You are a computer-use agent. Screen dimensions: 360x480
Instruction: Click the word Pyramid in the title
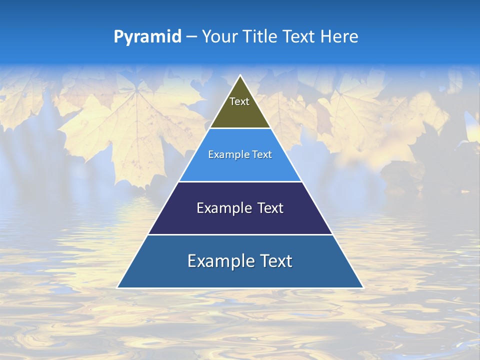tap(147, 37)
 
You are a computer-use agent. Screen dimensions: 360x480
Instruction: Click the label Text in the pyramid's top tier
tap(239, 101)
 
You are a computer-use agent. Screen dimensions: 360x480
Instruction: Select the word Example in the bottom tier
tap(220, 261)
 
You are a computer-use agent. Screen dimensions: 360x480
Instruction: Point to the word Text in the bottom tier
tap(275, 261)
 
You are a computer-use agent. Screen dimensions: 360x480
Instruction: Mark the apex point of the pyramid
tap(240, 75)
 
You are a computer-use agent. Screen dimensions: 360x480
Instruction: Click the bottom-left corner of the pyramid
tap(117, 287)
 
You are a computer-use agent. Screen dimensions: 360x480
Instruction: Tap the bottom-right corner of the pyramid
tap(363, 287)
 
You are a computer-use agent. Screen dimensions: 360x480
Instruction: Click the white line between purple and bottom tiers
tap(240, 234)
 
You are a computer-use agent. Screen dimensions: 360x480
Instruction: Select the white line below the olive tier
tap(240, 128)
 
